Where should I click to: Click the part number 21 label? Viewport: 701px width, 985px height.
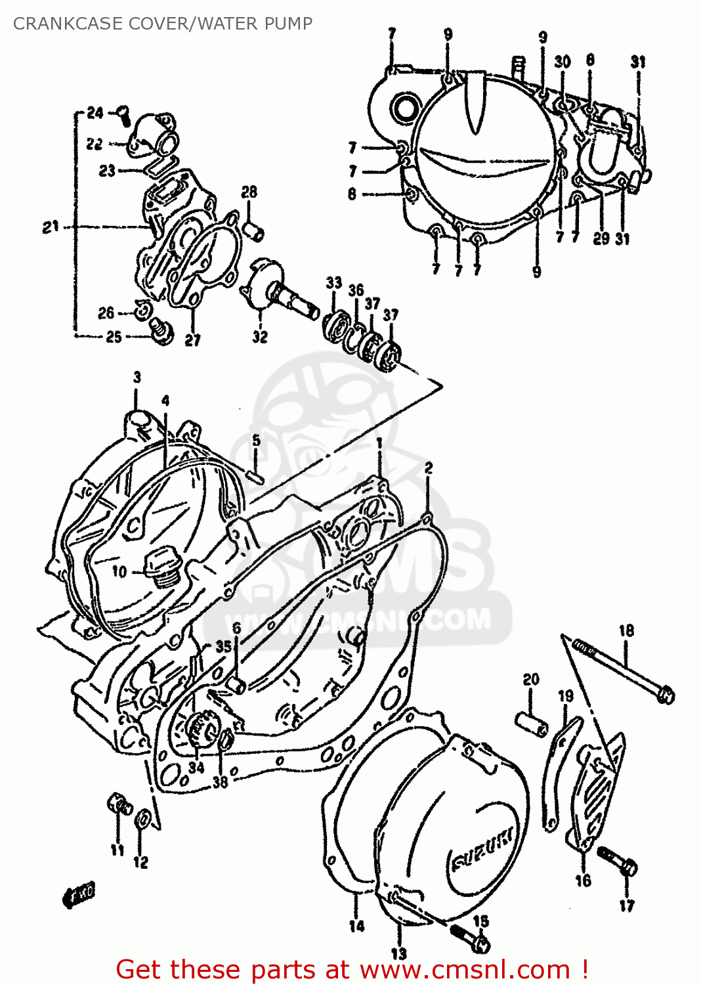coord(51,227)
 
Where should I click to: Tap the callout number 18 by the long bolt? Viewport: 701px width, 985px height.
coord(626,630)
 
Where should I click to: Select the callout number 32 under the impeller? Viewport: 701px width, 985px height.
coord(260,336)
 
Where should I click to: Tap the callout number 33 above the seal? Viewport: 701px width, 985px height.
coord(334,282)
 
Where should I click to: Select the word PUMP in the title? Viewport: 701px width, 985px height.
coord(288,24)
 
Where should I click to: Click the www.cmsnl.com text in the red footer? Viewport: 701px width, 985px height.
coord(465,969)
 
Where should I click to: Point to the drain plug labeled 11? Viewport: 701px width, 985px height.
coord(118,804)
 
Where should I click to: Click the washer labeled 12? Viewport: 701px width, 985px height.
coord(141,820)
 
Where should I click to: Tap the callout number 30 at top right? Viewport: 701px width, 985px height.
coord(563,62)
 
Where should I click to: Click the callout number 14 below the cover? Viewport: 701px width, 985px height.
coord(356,926)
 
